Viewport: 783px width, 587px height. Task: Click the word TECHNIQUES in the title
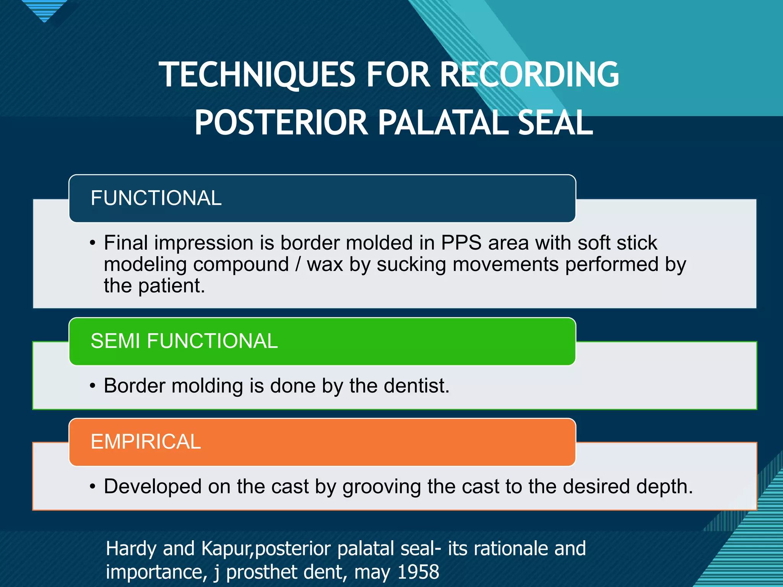[257, 75]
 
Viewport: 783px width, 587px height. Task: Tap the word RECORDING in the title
[529, 75]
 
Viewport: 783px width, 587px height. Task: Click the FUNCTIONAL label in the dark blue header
[156, 198]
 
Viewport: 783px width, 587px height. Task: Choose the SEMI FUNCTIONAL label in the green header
[184, 341]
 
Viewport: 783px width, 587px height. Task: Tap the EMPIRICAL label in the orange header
[146, 442]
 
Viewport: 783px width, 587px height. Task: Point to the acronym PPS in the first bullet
[461, 243]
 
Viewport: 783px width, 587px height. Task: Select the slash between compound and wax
[298, 265]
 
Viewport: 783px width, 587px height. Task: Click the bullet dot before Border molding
[93, 386]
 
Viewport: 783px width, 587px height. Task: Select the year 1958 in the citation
[418, 572]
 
